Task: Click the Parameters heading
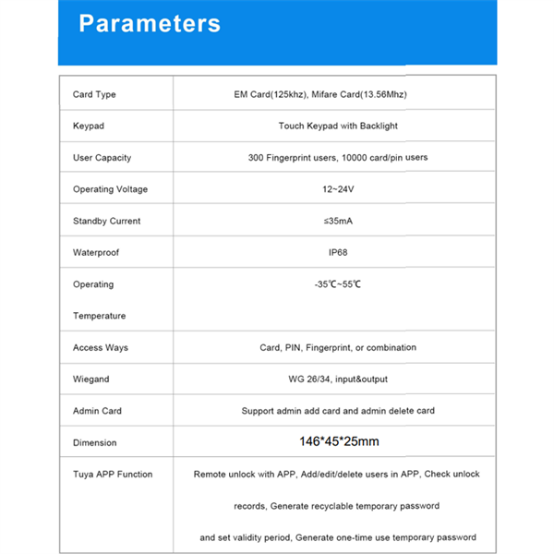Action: (x=150, y=23)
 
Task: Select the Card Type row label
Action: (x=94, y=95)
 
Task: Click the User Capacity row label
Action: (x=102, y=158)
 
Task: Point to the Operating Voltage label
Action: (x=110, y=189)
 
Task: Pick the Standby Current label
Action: (x=107, y=222)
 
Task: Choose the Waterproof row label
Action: (x=96, y=253)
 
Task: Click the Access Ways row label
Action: (x=102, y=348)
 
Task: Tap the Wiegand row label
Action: (x=90, y=379)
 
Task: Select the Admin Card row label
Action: (x=97, y=411)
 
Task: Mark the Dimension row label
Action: (x=95, y=443)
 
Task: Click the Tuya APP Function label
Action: (x=113, y=475)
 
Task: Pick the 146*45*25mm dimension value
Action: (x=339, y=442)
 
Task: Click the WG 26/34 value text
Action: (x=338, y=379)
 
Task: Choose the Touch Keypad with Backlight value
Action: (x=338, y=126)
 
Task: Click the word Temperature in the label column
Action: (x=99, y=316)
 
